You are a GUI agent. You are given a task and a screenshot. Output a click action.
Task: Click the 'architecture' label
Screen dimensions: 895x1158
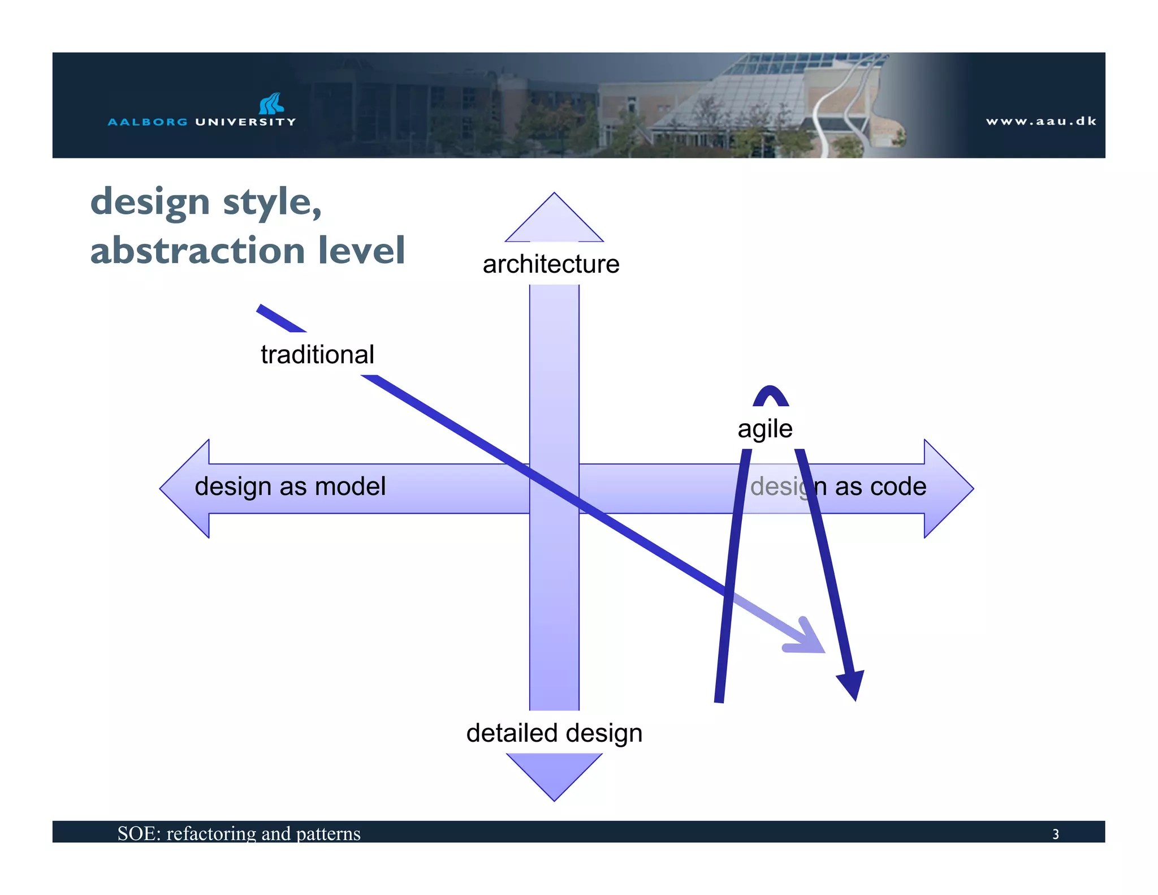(551, 264)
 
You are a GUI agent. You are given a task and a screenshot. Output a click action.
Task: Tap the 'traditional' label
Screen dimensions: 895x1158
(317, 355)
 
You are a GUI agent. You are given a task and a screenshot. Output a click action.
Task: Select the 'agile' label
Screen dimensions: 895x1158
(764, 428)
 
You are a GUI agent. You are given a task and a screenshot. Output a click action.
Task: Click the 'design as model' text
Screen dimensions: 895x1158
(290, 487)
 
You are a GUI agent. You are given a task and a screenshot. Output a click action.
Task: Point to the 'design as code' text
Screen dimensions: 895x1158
(838, 487)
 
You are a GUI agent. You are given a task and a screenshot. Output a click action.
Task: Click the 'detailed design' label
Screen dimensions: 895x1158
(554, 733)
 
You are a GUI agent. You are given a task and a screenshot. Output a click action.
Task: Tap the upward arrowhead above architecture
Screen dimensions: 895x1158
(554, 221)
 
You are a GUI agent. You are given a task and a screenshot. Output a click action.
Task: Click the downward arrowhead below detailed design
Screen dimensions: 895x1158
(554, 774)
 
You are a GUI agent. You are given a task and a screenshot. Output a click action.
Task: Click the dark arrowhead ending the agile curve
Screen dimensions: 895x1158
(852, 684)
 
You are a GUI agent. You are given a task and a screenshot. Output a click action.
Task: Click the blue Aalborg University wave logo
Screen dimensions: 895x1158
(271, 104)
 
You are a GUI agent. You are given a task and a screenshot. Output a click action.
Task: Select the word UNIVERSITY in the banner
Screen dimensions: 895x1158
(245, 122)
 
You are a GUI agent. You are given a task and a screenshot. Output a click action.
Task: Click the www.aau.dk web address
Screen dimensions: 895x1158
(1040, 121)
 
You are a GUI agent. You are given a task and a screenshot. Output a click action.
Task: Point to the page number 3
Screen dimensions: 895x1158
(1055, 834)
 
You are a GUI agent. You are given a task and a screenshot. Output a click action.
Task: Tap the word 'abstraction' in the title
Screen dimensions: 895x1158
(198, 250)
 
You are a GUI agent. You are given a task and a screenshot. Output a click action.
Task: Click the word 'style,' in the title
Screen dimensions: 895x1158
(272, 203)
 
